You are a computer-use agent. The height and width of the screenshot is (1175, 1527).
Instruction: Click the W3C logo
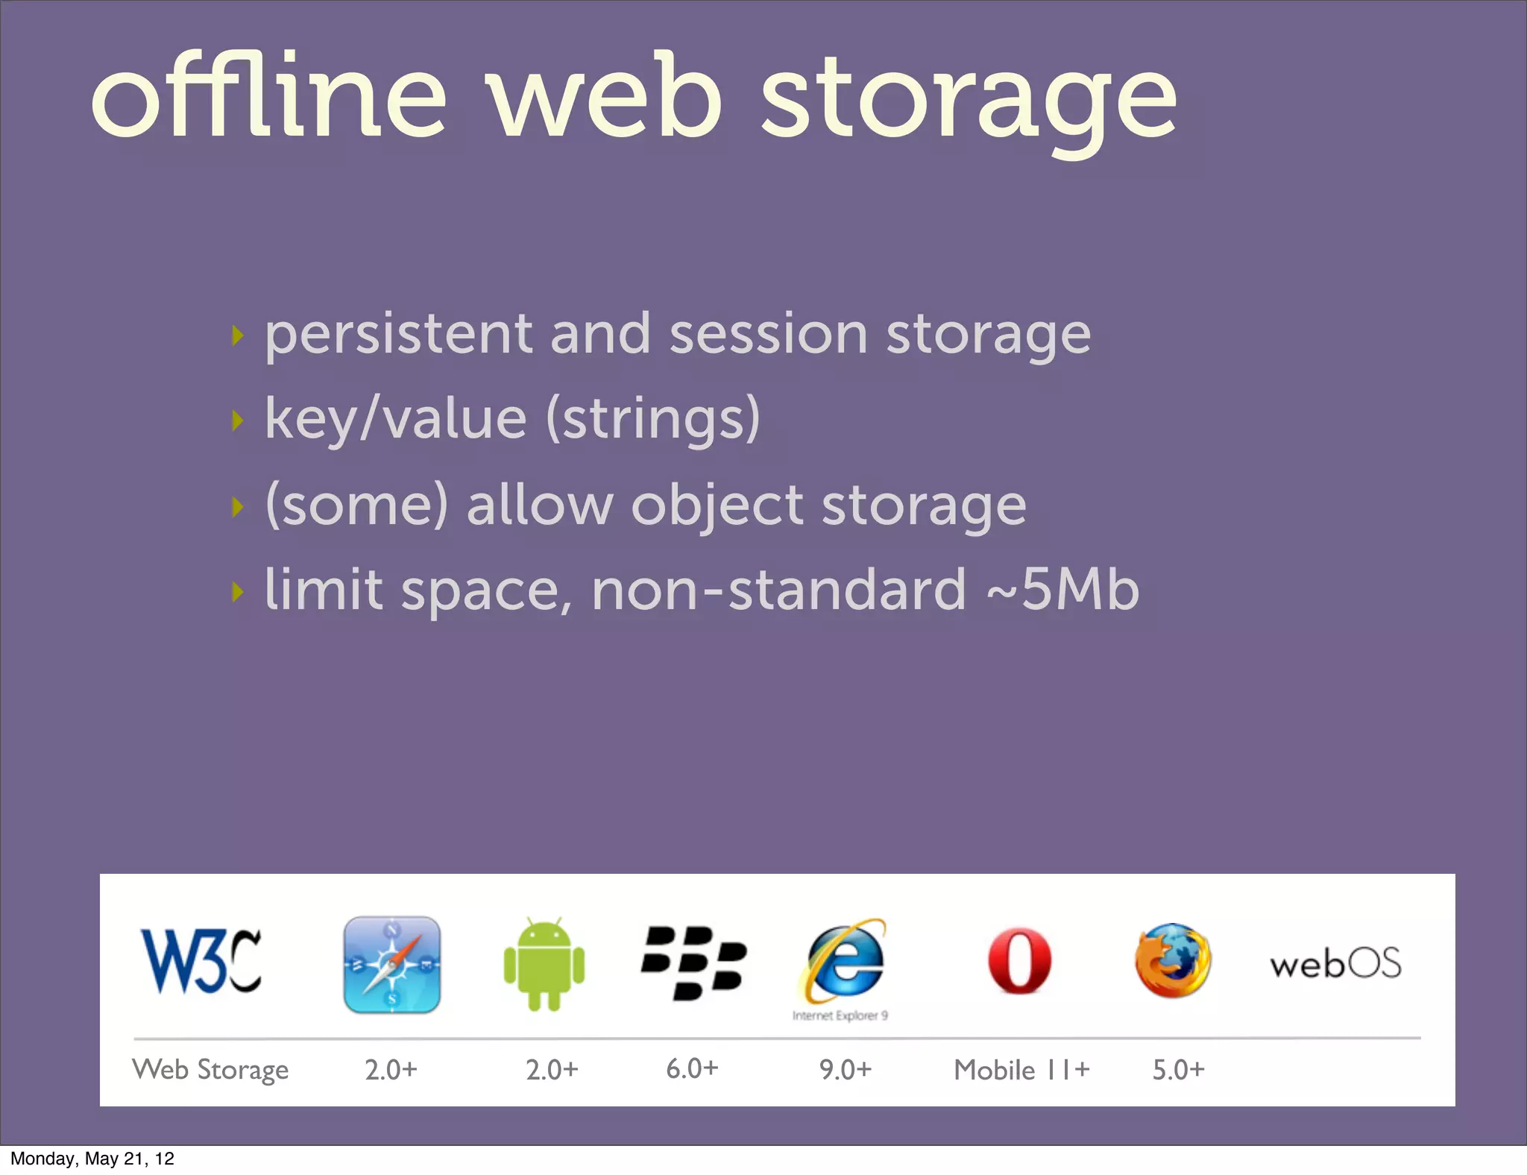coord(201,961)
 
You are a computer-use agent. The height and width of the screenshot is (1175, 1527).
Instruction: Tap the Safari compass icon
coord(391,964)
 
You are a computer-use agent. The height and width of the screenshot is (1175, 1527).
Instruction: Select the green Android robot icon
coord(544,965)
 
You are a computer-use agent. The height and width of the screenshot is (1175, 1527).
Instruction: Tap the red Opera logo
coord(1019,961)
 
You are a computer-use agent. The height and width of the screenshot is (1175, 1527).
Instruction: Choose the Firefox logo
coord(1173,961)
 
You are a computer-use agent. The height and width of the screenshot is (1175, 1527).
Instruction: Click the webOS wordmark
coord(1335,963)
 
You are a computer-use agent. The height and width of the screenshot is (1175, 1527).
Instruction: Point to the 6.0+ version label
coord(692,1068)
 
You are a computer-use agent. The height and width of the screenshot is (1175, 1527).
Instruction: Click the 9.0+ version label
coord(846,1070)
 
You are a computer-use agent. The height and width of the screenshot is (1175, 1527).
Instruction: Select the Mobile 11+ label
coord(1021,1070)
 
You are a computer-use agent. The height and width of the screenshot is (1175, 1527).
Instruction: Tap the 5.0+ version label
coord(1178,1070)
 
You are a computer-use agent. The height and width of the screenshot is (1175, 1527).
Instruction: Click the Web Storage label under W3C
coord(210,1070)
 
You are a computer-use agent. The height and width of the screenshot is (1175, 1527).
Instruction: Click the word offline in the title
coord(268,97)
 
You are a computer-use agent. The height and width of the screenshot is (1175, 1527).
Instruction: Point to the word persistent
coord(398,334)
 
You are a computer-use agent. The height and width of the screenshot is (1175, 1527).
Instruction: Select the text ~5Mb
coord(1062,590)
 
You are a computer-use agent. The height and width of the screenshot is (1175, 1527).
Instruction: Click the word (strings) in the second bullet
coord(653,419)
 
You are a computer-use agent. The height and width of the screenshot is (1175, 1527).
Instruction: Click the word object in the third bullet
coord(717,506)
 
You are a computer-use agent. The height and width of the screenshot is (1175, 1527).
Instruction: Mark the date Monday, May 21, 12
coord(92,1159)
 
